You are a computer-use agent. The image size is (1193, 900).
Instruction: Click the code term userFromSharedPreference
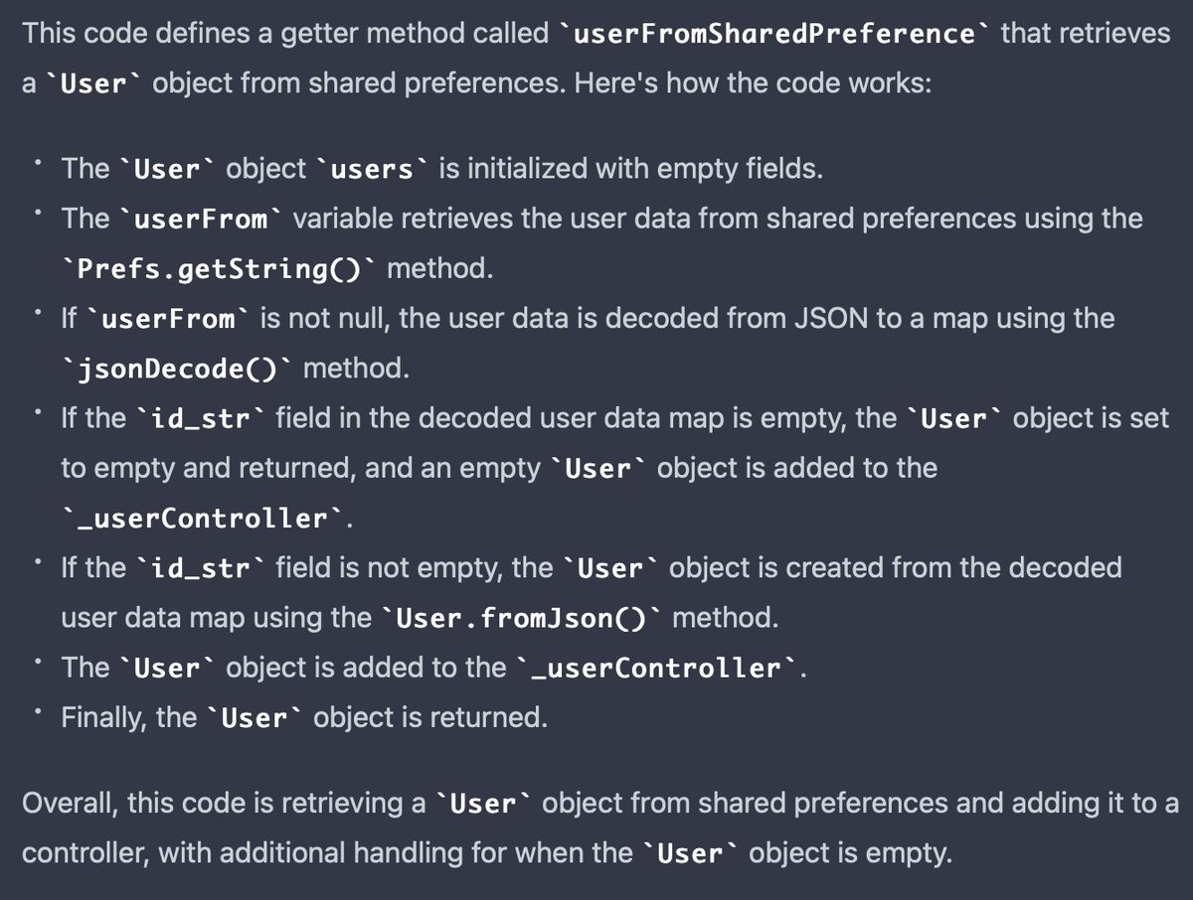pyautogui.click(x=772, y=34)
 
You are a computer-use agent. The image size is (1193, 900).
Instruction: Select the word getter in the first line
pyautogui.click(x=333, y=34)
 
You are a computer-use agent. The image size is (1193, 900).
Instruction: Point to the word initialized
pyautogui.click(x=525, y=169)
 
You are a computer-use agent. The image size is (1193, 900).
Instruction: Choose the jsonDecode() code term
pyautogui.click(x=176, y=370)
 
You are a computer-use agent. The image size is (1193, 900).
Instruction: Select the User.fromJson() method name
pyautogui.click(x=521, y=618)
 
